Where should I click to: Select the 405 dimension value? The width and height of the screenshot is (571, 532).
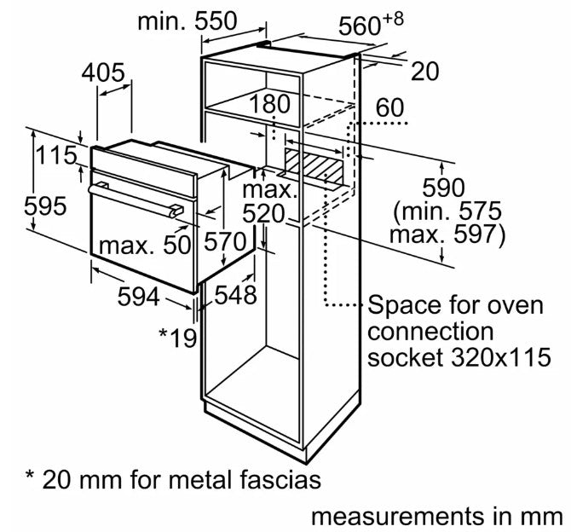[x=103, y=72]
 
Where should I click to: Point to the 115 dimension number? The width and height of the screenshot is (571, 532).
[x=56, y=157]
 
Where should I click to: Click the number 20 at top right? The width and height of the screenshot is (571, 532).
[x=424, y=72]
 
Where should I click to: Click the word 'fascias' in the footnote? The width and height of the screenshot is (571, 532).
[x=276, y=480]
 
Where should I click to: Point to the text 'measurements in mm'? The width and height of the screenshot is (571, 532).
[x=436, y=516]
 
